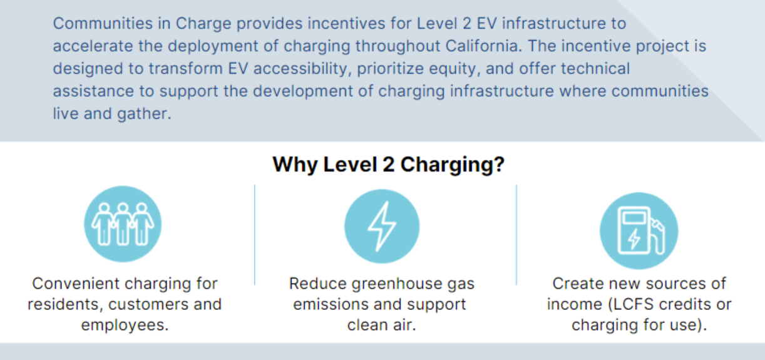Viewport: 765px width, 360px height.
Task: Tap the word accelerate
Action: point(93,46)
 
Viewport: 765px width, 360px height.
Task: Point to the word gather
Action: point(144,114)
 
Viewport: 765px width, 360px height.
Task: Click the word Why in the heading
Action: point(295,165)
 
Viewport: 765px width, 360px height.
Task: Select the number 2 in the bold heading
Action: point(388,164)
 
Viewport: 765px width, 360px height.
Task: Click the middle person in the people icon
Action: point(123,224)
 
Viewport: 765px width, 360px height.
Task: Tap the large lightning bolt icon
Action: point(382,226)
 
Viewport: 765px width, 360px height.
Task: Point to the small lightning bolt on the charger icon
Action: point(634,239)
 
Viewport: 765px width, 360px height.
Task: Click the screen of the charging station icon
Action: point(634,218)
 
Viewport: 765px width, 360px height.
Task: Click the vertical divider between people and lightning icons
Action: point(255,235)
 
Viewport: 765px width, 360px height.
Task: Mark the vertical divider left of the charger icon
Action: point(516,235)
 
